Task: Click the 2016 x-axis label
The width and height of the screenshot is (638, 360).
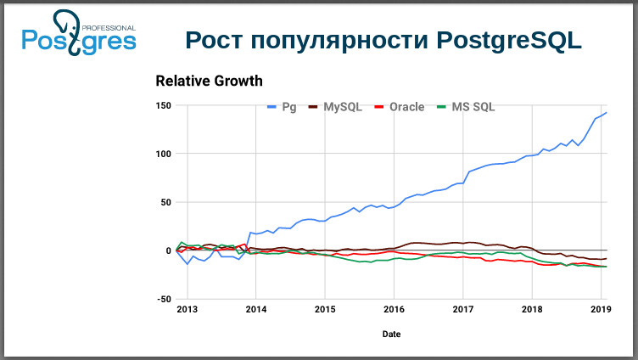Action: coord(394,309)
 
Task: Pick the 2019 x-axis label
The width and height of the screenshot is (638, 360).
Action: coord(600,309)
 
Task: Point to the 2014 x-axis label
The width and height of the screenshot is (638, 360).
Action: coord(255,309)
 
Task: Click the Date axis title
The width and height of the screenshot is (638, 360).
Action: coord(391,335)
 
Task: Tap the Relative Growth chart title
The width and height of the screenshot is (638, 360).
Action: coord(209,82)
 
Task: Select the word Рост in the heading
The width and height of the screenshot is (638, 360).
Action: coord(214,41)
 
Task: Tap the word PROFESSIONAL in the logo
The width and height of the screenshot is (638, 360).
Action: coord(108,28)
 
